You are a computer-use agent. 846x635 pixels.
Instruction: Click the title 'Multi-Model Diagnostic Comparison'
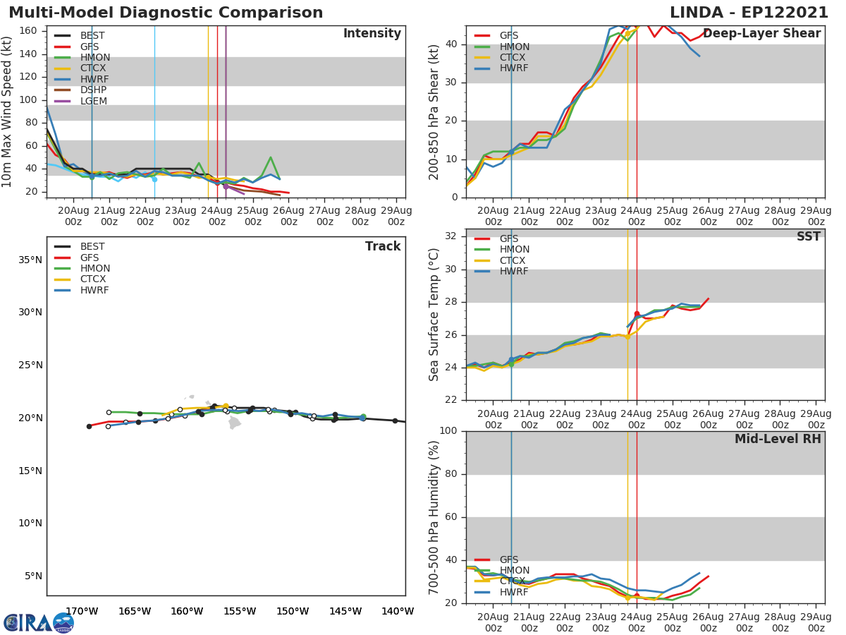pos(166,13)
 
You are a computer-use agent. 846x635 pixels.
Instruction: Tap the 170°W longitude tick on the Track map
pos(81,611)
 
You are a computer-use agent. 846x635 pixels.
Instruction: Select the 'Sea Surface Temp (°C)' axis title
pos(434,315)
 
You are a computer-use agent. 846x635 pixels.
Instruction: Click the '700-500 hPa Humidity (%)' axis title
pos(434,516)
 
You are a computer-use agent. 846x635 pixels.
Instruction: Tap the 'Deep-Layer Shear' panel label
pos(761,34)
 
